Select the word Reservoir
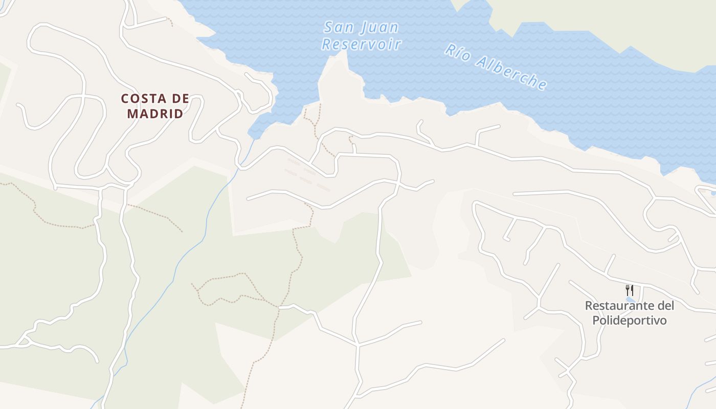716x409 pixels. [362, 44]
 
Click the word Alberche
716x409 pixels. [511, 74]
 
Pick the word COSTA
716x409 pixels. [141, 99]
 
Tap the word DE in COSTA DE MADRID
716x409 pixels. [179, 99]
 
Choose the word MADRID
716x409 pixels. [155, 113]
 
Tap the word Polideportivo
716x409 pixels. [630, 321]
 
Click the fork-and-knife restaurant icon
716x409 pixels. [630, 290]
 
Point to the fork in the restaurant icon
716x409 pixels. [627, 290]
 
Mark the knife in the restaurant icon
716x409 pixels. [632, 290]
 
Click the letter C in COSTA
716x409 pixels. [125, 99]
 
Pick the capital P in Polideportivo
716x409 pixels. [595, 321]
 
